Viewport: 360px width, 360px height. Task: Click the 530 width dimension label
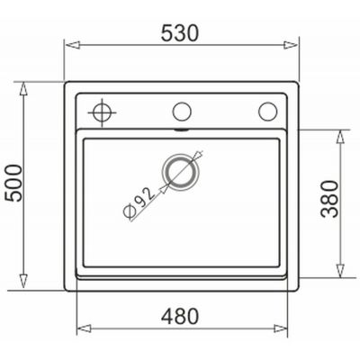(180, 32)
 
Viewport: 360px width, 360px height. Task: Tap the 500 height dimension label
(14, 183)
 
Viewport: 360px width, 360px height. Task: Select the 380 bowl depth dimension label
(329, 199)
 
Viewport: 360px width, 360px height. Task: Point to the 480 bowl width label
(180, 316)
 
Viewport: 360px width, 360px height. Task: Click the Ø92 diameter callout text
(139, 202)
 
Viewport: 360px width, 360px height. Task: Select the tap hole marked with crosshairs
(102, 112)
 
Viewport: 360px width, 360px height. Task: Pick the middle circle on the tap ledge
(182, 112)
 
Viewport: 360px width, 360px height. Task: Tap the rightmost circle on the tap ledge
(267, 112)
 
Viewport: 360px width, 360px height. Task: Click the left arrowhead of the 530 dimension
(73, 45)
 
